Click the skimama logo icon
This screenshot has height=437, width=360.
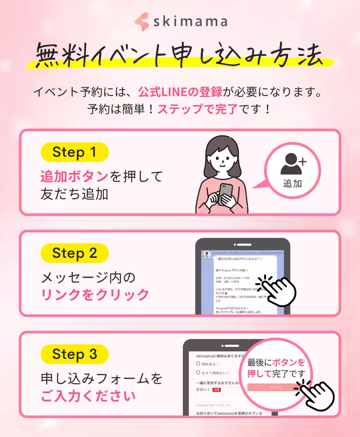pyautogui.click(x=142, y=22)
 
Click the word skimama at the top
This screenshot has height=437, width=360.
pyautogui.click(x=190, y=22)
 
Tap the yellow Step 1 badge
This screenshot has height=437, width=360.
pyautogui.click(x=74, y=152)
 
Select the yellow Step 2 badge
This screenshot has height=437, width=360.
pyautogui.click(x=74, y=253)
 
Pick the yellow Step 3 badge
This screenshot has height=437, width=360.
pyautogui.click(x=74, y=354)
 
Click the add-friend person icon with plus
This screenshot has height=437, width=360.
pyautogui.click(x=292, y=164)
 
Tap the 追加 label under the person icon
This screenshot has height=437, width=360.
pyautogui.click(x=292, y=183)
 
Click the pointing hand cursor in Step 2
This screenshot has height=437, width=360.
pyautogui.click(x=277, y=290)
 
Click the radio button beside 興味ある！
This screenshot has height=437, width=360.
pyautogui.click(x=198, y=364)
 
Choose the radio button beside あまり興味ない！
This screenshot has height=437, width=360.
pyautogui.click(x=198, y=373)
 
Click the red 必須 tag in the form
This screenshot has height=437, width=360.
pyautogui.click(x=217, y=390)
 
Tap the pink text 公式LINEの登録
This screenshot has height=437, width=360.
pyautogui.click(x=180, y=92)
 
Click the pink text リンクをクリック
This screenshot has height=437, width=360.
pyautogui.click(x=95, y=295)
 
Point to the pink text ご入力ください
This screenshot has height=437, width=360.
pyautogui.click(x=88, y=396)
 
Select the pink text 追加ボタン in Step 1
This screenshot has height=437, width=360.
pyautogui.click(x=74, y=177)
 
